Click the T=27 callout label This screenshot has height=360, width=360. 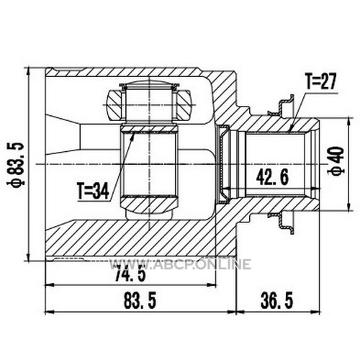pyautogui.click(x=320, y=81)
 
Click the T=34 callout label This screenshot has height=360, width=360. pyautogui.click(x=93, y=191)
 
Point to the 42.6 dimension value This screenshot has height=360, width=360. pyautogui.click(x=272, y=177)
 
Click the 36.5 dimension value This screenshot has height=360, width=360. pyautogui.click(x=276, y=301)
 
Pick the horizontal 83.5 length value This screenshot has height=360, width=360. pyautogui.click(x=140, y=301)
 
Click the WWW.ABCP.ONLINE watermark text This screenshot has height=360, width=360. pyautogui.click(x=181, y=264)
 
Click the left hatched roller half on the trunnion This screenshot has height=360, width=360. pyautogui.click(x=115, y=105)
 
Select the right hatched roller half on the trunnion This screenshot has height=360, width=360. pyautogui.click(x=184, y=105)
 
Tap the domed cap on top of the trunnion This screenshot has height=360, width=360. pyautogui.click(x=149, y=84)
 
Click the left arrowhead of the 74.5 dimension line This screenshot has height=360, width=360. pyautogui.click(x=49, y=285)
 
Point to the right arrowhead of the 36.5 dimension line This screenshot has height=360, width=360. pyautogui.click(x=316, y=312)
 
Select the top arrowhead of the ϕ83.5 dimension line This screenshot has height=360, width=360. pyautogui.click(x=28, y=71)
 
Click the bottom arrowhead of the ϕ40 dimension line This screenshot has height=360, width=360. pyautogui.click(x=349, y=207)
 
